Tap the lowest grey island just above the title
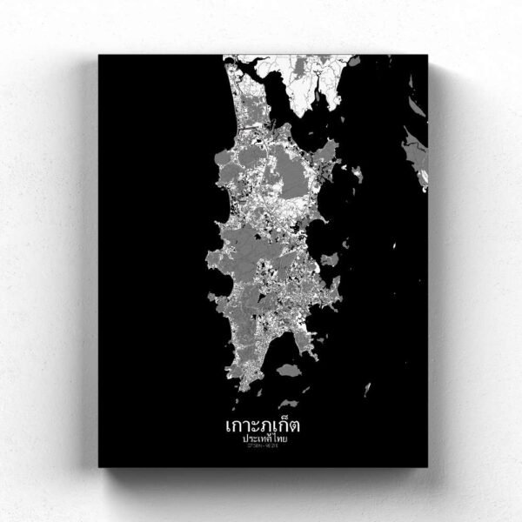[x=288, y=404]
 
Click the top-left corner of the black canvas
[x=99, y=56]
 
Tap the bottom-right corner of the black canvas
[x=428, y=466]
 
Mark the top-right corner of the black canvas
[x=428, y=56]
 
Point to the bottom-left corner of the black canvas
[x=99, y=466]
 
